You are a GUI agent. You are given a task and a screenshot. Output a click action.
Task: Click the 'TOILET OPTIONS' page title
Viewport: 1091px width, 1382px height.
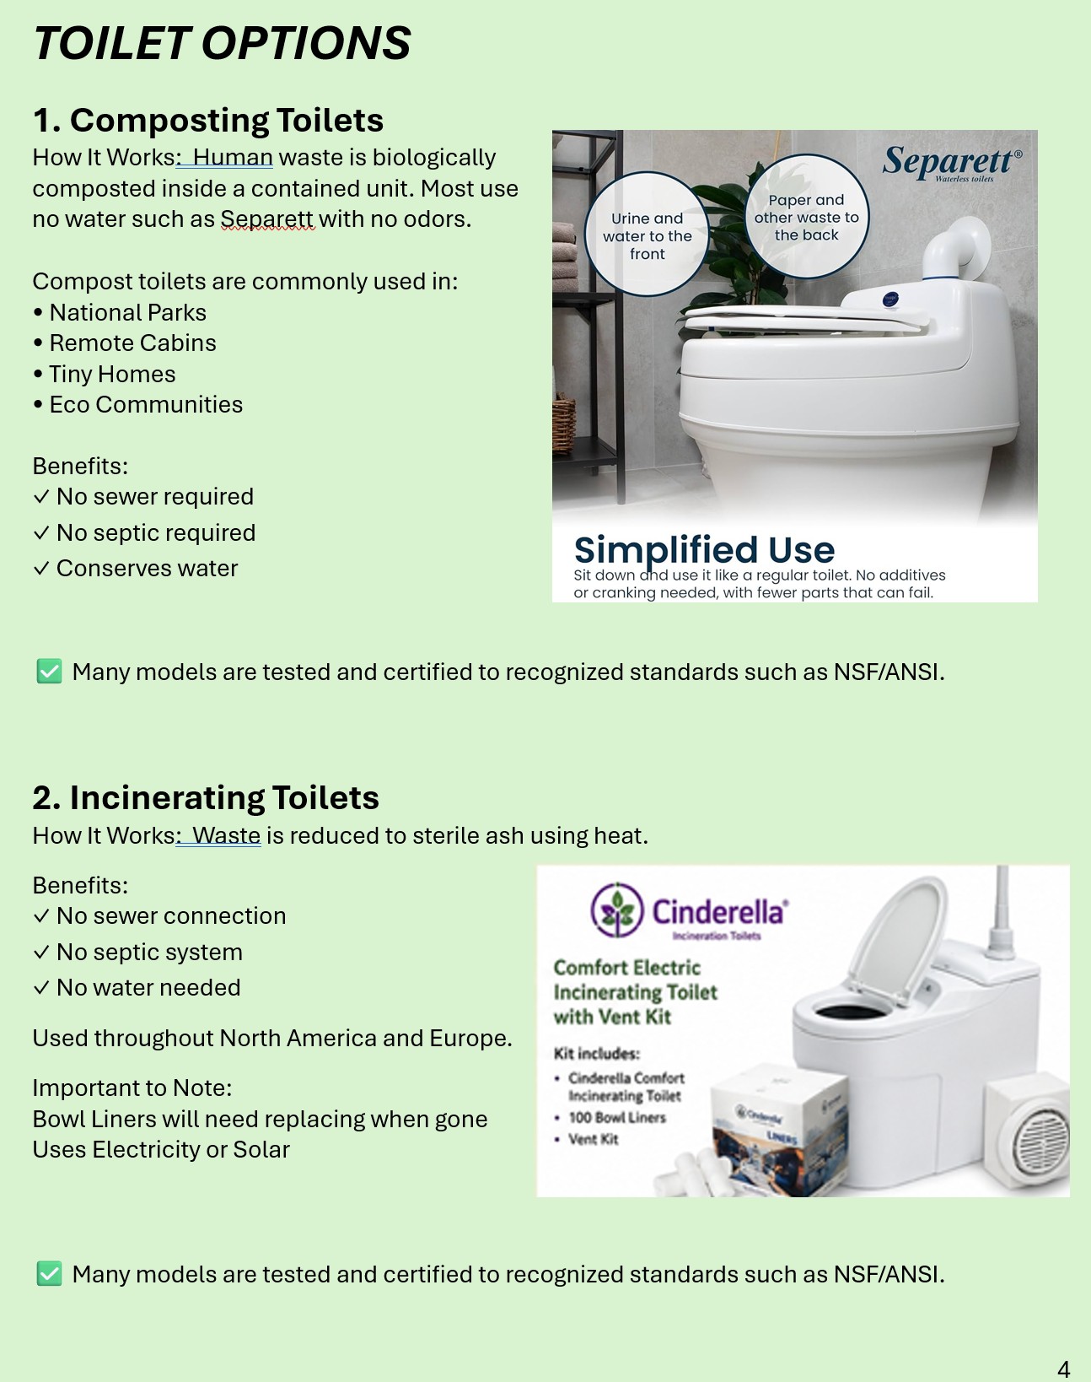click(222, 44)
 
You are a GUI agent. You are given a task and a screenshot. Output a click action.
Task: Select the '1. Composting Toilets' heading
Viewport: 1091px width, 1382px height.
click(208, 120)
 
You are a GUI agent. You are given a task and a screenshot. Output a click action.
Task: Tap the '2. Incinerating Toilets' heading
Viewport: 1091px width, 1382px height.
click(206, 797)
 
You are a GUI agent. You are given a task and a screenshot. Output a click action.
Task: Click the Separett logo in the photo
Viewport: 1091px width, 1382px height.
click(952, 163)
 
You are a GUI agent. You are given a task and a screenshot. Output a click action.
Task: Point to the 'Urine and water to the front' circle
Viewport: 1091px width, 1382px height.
click(647, 235)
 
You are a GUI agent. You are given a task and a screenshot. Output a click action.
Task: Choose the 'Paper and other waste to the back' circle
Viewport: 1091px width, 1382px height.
click(806, 217)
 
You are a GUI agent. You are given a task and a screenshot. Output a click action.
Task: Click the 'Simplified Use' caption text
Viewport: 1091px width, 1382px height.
click(704, 550)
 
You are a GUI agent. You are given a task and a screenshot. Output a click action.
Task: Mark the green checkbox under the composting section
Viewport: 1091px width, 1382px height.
click(50, 672)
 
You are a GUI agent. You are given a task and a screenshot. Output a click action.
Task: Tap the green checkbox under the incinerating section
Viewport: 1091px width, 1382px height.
click(50, 1274)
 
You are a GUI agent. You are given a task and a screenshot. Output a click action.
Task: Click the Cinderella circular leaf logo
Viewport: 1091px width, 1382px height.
click(616, 910)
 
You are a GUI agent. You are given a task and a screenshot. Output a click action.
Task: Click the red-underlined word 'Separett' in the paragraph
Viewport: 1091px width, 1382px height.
click(267, 219)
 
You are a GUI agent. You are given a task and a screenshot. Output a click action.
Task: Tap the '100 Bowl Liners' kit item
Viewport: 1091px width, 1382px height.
click(616, 1117)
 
